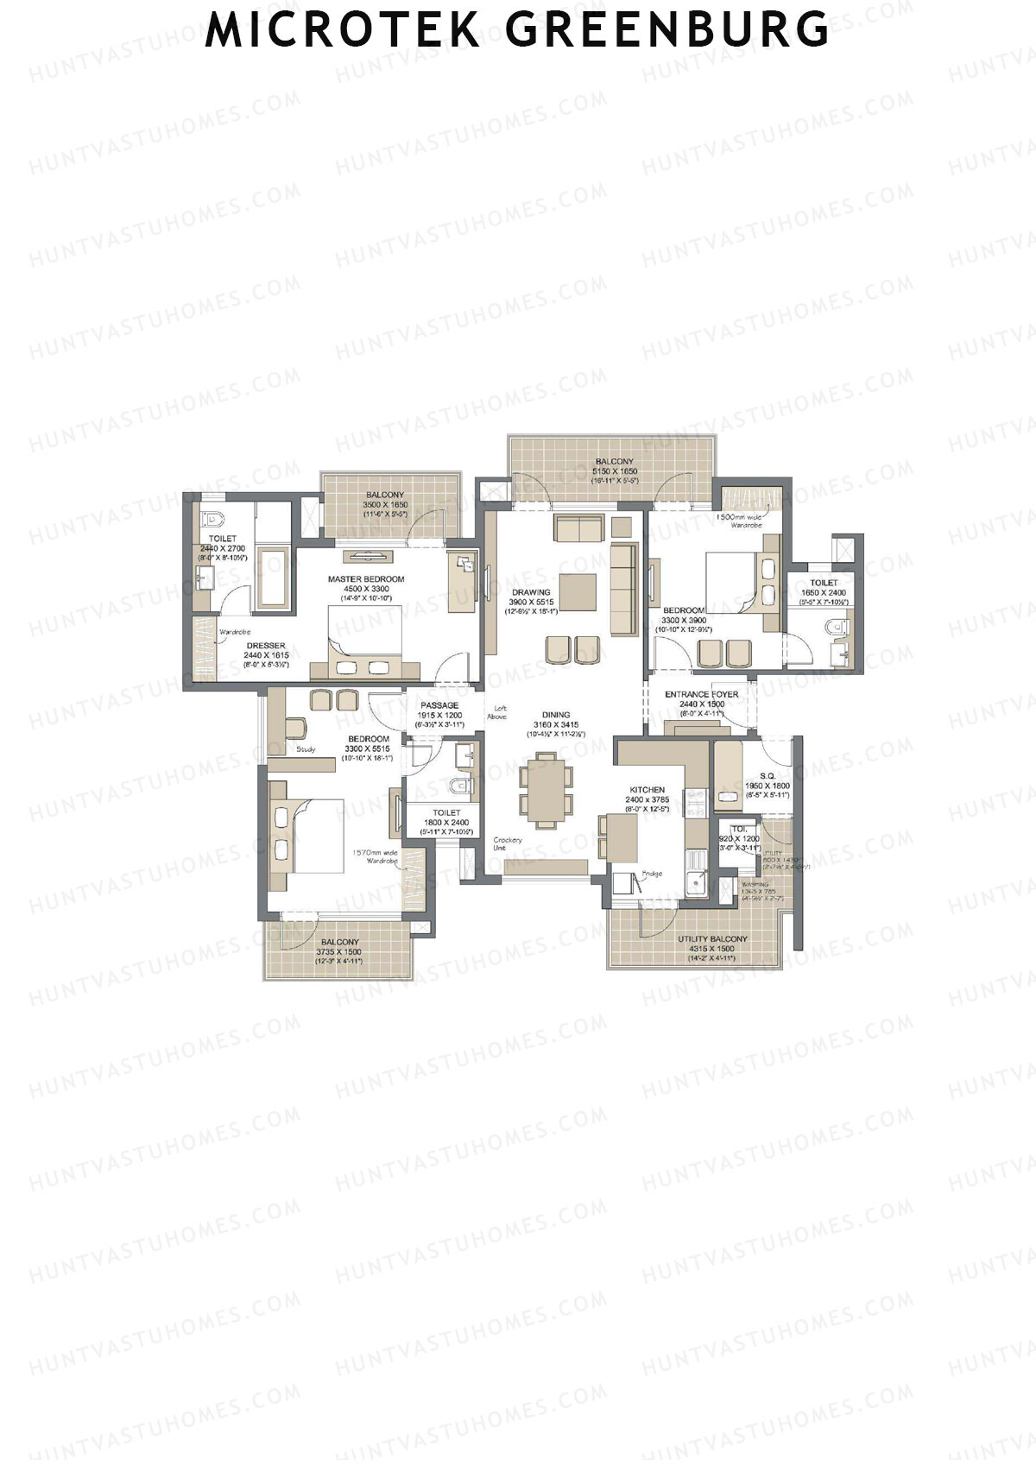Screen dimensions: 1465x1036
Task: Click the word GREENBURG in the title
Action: pyautogui.click(x=666, y=30)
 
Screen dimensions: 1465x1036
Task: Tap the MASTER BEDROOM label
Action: pyautogui.click(x=366, y=579)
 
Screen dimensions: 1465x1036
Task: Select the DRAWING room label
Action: pyautogui.click(x=530, y=592)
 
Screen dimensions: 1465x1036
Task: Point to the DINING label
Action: pyautogui.click(x=557, y=715)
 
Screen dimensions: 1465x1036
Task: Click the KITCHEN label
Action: pyautogui.click(x=647, y=790)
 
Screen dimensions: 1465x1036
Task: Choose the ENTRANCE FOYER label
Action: pyautogui.click(x=701, y=694)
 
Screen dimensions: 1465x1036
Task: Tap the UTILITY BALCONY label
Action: pyautogui.click(x=712, y=938)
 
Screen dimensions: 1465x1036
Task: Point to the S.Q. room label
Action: pyautogui.click(x=767, y=775)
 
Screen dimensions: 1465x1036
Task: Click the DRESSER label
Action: pyautogui.click(x=266, y=646)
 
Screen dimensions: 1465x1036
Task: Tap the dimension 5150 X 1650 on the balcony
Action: pyautogui.click(x=614, y=471)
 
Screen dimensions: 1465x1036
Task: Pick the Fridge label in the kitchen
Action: pyautogui.click(x=652, y=875)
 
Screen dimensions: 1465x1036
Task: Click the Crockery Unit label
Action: pyautogui.click(x=507, y=843)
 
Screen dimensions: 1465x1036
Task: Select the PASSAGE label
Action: pyautogui.click(x=439, y=705)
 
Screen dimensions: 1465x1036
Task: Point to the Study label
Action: pyautogui.click(x=306, y=749)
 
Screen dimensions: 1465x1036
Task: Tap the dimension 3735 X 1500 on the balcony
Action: pyautogui.click(x=339, y=951)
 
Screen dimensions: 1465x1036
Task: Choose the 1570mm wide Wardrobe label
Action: pyautogui.click(x=375, y=856)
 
